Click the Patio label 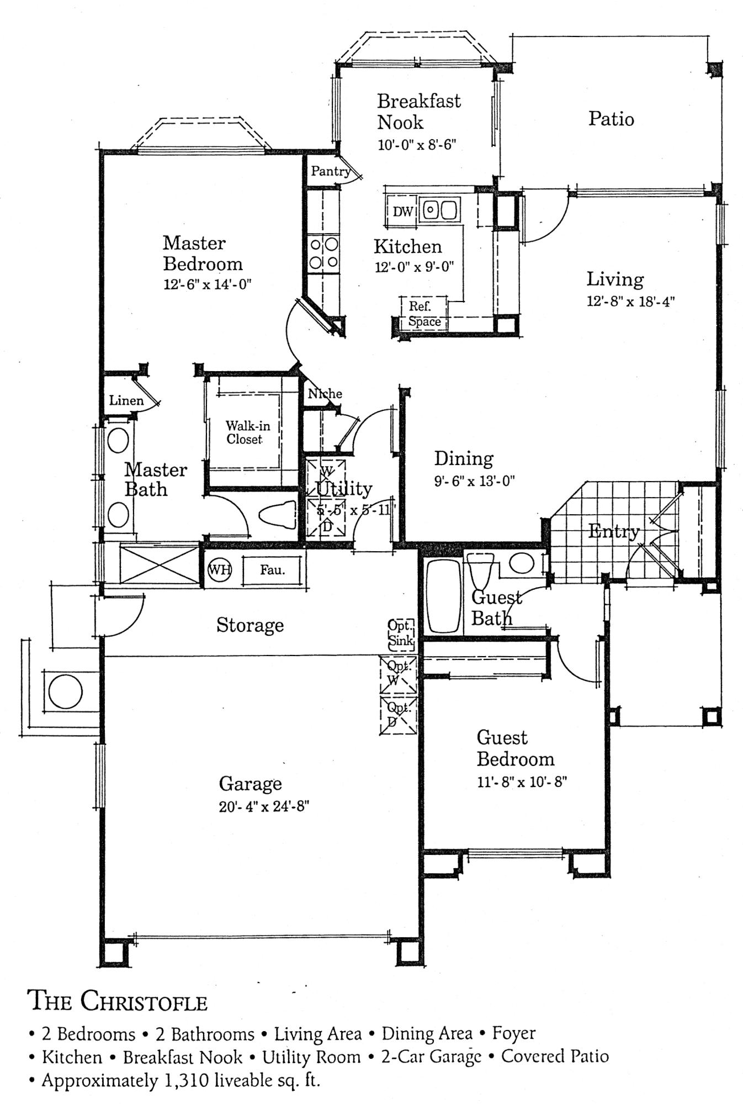611,119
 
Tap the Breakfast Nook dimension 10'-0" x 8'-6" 417,145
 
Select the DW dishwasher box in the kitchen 402,211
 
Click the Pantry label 331,171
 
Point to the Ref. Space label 424,314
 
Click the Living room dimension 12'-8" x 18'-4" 631,302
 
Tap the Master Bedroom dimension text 207,284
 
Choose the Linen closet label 126,400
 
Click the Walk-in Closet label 248,432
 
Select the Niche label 325,394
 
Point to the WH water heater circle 220,569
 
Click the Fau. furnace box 273,569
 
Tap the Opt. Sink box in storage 401,633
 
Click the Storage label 250,625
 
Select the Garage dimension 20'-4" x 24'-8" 264,807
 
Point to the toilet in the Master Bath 278,516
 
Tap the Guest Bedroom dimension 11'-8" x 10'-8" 522,782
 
